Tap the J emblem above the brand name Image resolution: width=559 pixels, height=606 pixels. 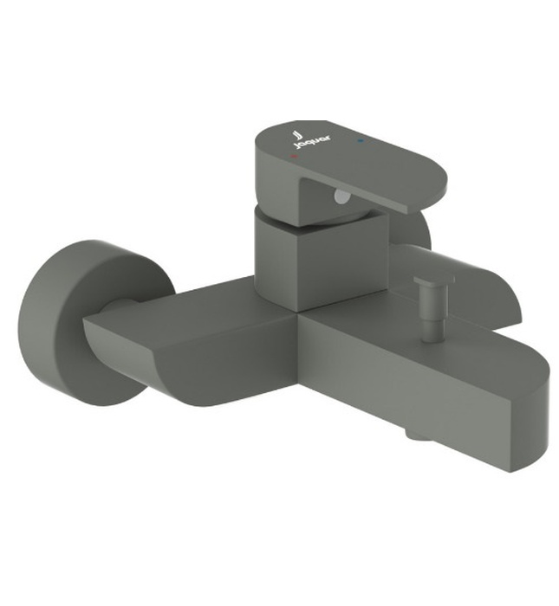click(x=296, y=137)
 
